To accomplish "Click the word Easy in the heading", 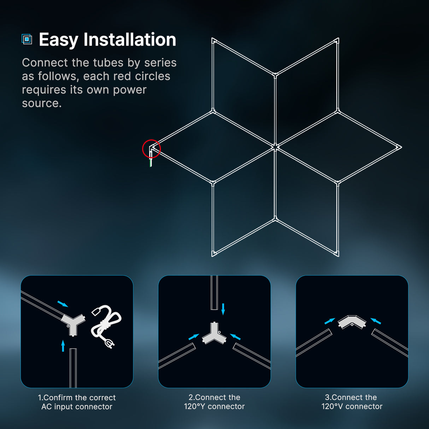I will (58, 40).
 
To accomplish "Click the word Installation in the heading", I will (130, 40).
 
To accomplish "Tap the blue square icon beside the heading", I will (27, 39).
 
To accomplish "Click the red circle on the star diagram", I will (151, 148).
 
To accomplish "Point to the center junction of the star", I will (275, 147).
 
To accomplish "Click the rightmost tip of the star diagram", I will (399, 147).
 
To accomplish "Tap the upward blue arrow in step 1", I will (63, 346).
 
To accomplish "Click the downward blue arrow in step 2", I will (223, 308).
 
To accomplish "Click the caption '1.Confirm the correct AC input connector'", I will (77, 402).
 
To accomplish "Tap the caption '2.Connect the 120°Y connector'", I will (214, 402).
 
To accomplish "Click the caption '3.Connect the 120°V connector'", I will (352, 402).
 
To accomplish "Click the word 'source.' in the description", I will (42, 104).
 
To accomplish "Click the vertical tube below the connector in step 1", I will (73, 368).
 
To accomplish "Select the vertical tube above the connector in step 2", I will (214, 292).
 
